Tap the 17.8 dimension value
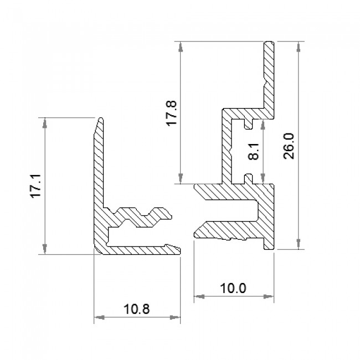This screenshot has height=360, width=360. pyautogui.click(x=171, y=113)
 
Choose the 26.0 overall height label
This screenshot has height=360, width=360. pyautogui.click(x=288, y=146)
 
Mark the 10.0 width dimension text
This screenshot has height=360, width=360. pyautogui.click(x=233, y=287)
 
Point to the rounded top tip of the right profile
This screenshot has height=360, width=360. pyautogui.click(x=269, y=42)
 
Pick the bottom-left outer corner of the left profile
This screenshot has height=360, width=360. pyautogui.click(x=95, y=254)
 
